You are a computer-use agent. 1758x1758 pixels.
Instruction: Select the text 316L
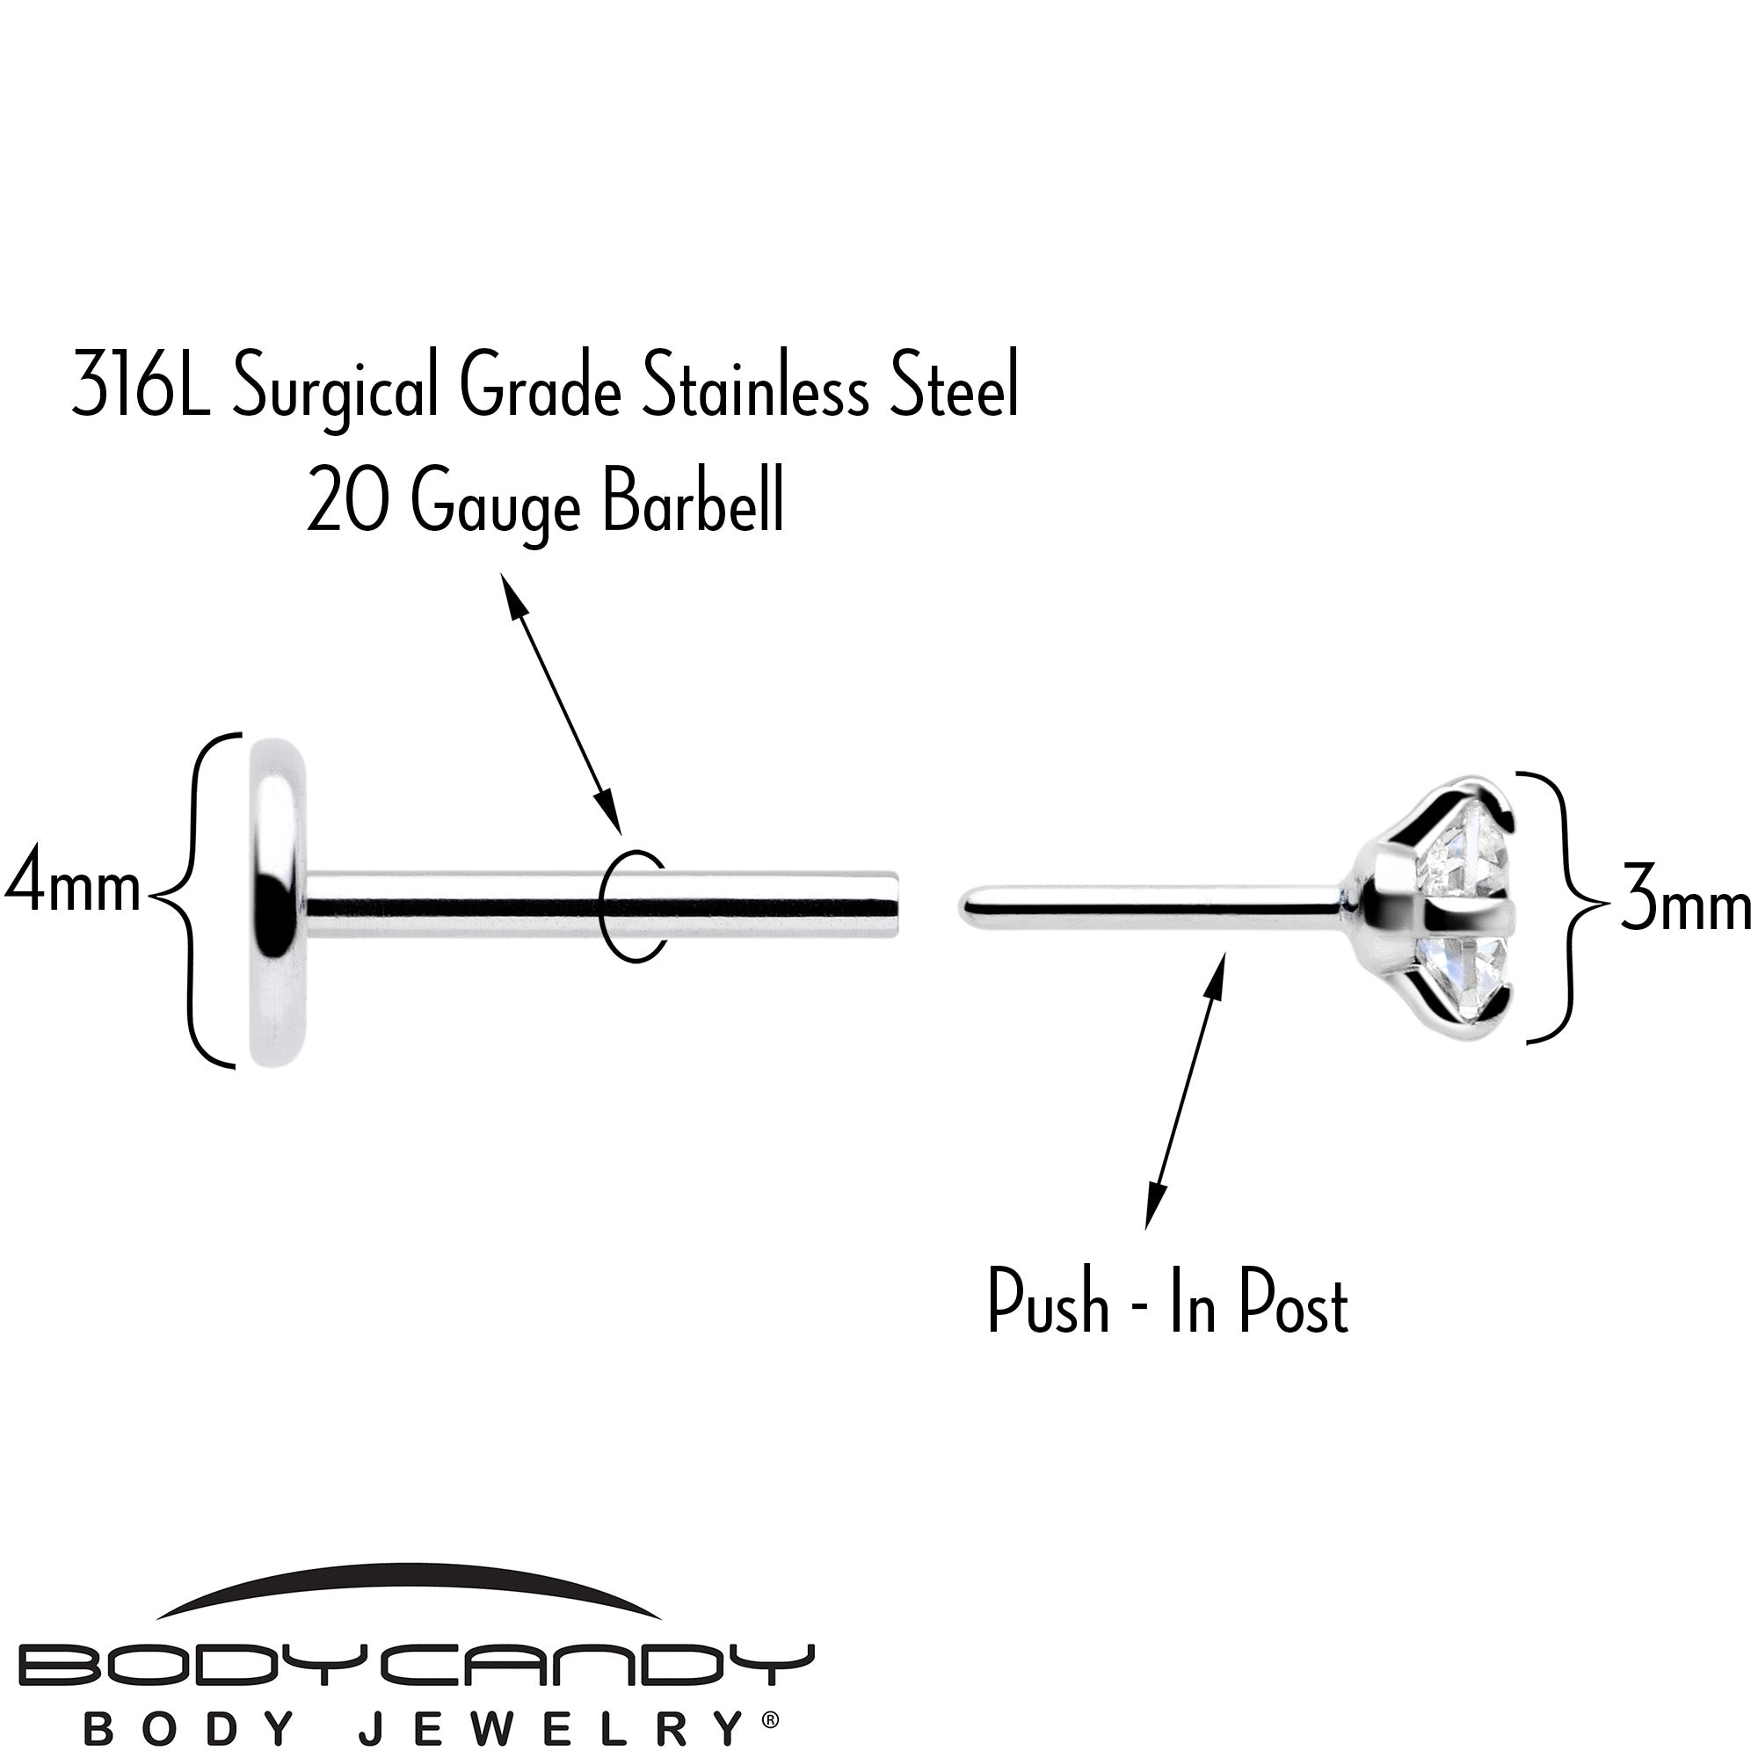[141, 387]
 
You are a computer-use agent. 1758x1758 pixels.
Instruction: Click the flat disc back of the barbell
[278, 900]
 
